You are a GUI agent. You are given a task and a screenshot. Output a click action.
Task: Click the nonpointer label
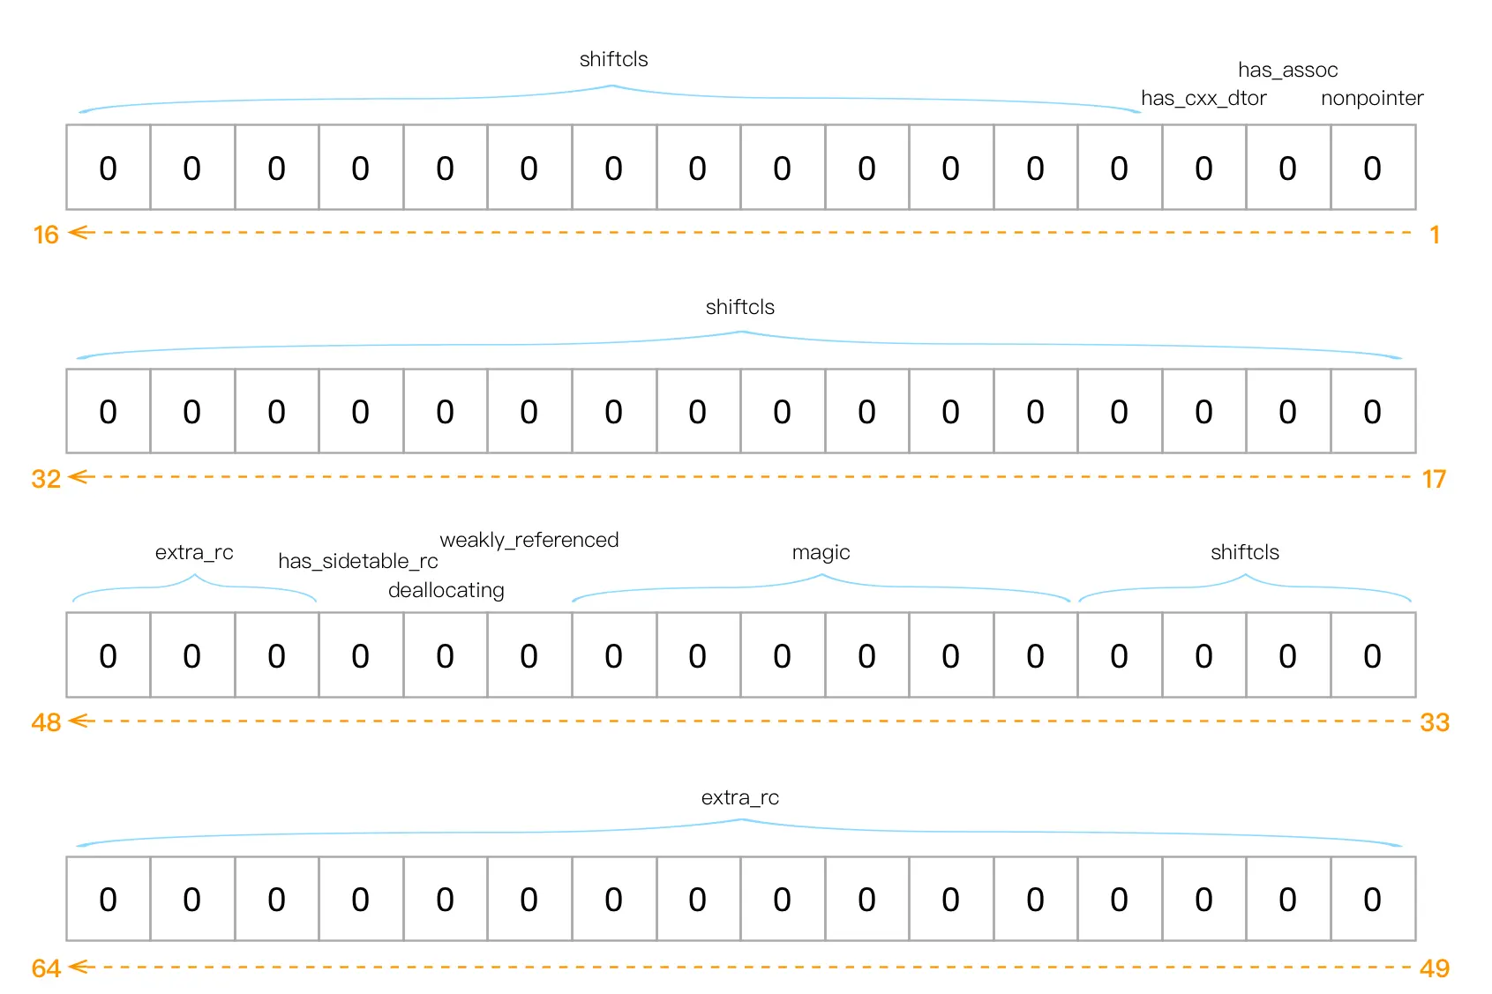[x=1372, y=98]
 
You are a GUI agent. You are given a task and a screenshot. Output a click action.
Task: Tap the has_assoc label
[x=1287, y=70]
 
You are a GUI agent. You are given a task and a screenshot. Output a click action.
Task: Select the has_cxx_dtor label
[x=1203, y=98]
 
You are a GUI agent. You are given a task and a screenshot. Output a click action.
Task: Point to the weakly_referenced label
[x=529, y=540]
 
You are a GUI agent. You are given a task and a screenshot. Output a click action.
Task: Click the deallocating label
[x=446, y=590]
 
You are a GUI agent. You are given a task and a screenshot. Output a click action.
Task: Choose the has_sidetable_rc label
[x=358, y=561]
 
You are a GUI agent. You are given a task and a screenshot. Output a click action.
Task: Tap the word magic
[x=821, y=552]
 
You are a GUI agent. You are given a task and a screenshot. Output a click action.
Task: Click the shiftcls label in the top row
[x=613, y=59]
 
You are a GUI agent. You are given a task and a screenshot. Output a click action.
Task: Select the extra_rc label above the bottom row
[x=739, y=797]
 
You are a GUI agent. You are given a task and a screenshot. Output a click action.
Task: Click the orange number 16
[x=46, y=235]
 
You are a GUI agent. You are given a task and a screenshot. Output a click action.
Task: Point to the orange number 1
[x=1435, y=235]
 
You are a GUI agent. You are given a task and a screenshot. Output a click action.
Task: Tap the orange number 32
[x=46, y=479]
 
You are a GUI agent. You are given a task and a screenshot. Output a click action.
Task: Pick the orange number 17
[x=1434, y=479]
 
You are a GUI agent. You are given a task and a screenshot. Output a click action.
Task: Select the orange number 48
[x=46, y=722]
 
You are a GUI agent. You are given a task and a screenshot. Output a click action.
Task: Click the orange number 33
[x=1435, y=722]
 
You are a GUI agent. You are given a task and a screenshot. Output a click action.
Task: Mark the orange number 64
[x=46, y=968]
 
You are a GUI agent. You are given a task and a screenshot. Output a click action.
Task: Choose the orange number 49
[x=1435, y=968]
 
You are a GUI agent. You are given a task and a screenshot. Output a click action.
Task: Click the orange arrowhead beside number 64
[x=79, y=967]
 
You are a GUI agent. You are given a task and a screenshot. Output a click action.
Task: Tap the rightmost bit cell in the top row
[x=1372, y=168]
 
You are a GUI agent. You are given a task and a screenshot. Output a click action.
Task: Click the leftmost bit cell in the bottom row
[x=108, y=899]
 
